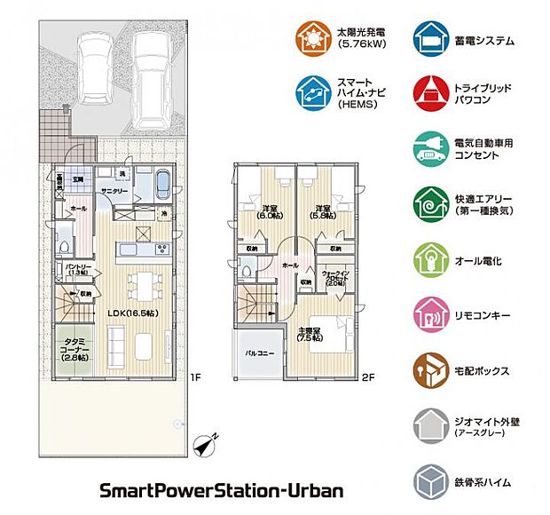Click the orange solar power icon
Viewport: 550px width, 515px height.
(x=313, y=39)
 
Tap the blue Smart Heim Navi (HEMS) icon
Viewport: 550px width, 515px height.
(x=313, y=90)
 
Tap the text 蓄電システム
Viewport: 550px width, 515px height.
(x=484, y=41)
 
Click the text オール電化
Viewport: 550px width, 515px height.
(x=478, y=261)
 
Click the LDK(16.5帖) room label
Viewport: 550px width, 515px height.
(x=133, y=313)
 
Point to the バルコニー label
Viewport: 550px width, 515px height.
(x=259, y=353)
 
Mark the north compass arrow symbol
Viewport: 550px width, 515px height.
(x=210, y=441)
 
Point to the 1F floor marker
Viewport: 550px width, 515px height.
(x=195, y=376)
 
